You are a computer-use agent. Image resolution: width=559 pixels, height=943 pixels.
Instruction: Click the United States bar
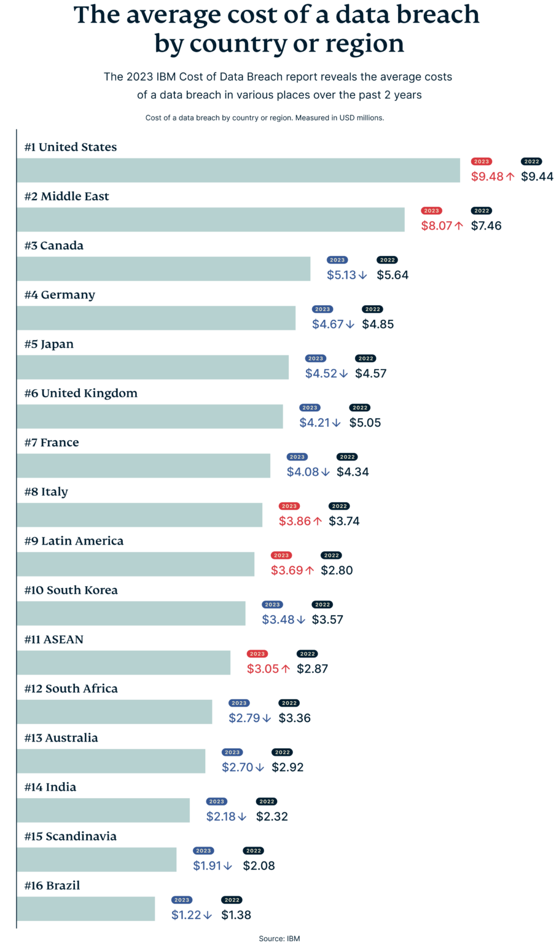click(x=238, y=170)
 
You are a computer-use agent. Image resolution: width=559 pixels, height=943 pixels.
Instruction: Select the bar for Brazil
click(x=86, y=909)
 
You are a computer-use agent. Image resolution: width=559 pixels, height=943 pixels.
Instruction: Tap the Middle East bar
click(x=211, y=219)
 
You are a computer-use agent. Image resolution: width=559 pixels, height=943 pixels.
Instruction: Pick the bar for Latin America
click(x=136, y=564)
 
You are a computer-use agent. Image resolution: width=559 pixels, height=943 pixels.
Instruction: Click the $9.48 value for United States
click(x=487, y=177)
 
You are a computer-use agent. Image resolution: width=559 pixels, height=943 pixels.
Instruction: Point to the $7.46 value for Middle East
click(x=487, y=226)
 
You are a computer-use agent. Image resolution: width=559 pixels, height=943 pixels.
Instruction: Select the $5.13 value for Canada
click(x=341, y=275)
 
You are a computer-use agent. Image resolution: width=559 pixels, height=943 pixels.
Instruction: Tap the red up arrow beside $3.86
click(x=318, y=521)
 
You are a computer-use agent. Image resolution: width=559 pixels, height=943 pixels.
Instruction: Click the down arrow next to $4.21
click(x=336, y=423)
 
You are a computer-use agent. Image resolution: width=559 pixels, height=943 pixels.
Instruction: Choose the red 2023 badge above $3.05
click(x=257, y=654)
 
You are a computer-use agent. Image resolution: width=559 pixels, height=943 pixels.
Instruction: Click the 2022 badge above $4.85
click(x=372, y=309)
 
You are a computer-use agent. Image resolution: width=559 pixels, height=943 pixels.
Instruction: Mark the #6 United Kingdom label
click(x=80, y=393)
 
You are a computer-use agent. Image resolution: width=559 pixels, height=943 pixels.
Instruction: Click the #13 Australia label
click(x=61, y=737)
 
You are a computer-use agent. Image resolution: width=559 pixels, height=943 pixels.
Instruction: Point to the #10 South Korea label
click(x=71, y=590)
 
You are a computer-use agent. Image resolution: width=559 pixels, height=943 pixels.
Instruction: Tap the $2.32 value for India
click(x=272, y=817)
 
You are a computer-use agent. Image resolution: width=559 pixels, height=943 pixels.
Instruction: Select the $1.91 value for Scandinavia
click(x=207, y=866)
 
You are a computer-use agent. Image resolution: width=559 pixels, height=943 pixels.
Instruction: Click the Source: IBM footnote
click(x=279, y=938)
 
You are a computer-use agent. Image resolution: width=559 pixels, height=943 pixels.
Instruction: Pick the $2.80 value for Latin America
click(x=337, y=570)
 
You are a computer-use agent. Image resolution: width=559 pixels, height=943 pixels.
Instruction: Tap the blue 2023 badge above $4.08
click(x=297, y=457)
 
